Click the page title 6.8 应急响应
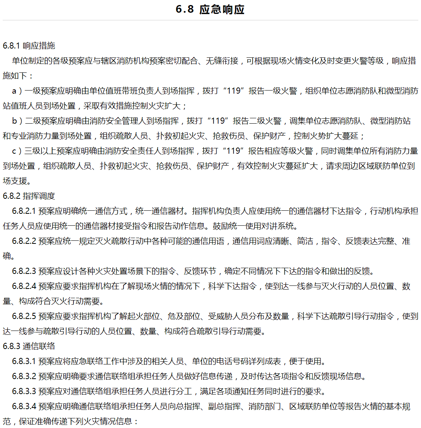point(210,9)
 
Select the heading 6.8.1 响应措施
point(29,46)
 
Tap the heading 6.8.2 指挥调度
point(29,196)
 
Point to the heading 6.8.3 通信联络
point(29,346)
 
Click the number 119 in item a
point(234,91)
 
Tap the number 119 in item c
point(234,151)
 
